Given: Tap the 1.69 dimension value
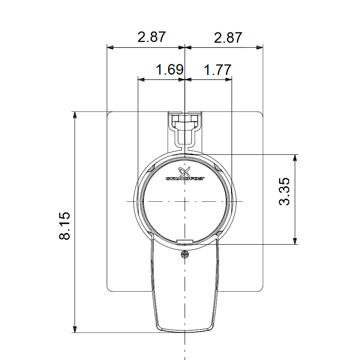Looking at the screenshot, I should point(170,70).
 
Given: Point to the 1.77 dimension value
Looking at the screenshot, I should point(217,70).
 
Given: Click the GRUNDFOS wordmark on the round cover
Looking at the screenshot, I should point(185,179).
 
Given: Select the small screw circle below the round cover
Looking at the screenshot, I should point(184,255).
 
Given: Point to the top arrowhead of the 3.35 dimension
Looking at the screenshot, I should point(295,158).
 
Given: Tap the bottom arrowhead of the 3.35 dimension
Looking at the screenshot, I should point(295,241).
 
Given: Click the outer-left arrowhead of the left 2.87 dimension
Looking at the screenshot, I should point(110,48).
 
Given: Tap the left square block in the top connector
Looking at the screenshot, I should point(176,119).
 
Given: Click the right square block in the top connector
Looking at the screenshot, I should point(194,119).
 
